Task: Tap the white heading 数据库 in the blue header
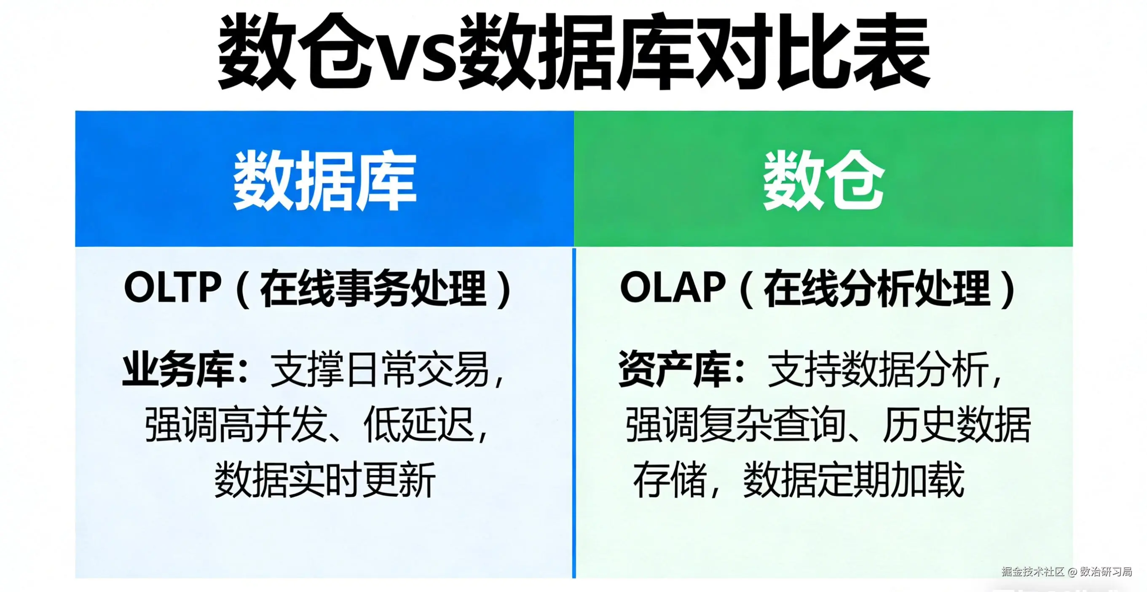point(324,181)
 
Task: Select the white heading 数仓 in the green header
point(823,180)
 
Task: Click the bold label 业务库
point(178,369)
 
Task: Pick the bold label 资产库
point(675,369)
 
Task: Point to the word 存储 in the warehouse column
point(670,480)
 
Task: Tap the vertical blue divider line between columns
point(574,413)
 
